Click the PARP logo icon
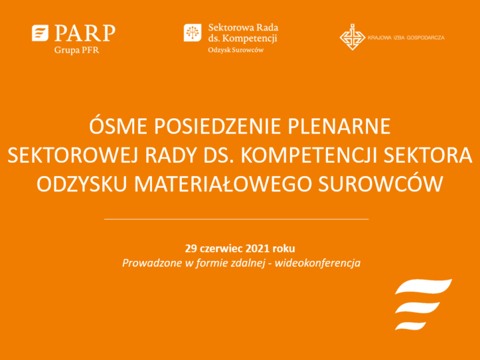point(40,33)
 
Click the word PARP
point(85,33)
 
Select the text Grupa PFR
point(76,50)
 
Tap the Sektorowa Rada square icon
point(193,32)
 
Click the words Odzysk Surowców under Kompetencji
point(236,50)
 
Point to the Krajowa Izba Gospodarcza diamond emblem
point(352,37)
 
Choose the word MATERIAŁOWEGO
point(223,184)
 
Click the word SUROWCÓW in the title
point(381,183)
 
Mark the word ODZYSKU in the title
point(82,184)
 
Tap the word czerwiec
point(222,248)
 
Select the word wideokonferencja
point(317,263)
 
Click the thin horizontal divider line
point(237,219)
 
